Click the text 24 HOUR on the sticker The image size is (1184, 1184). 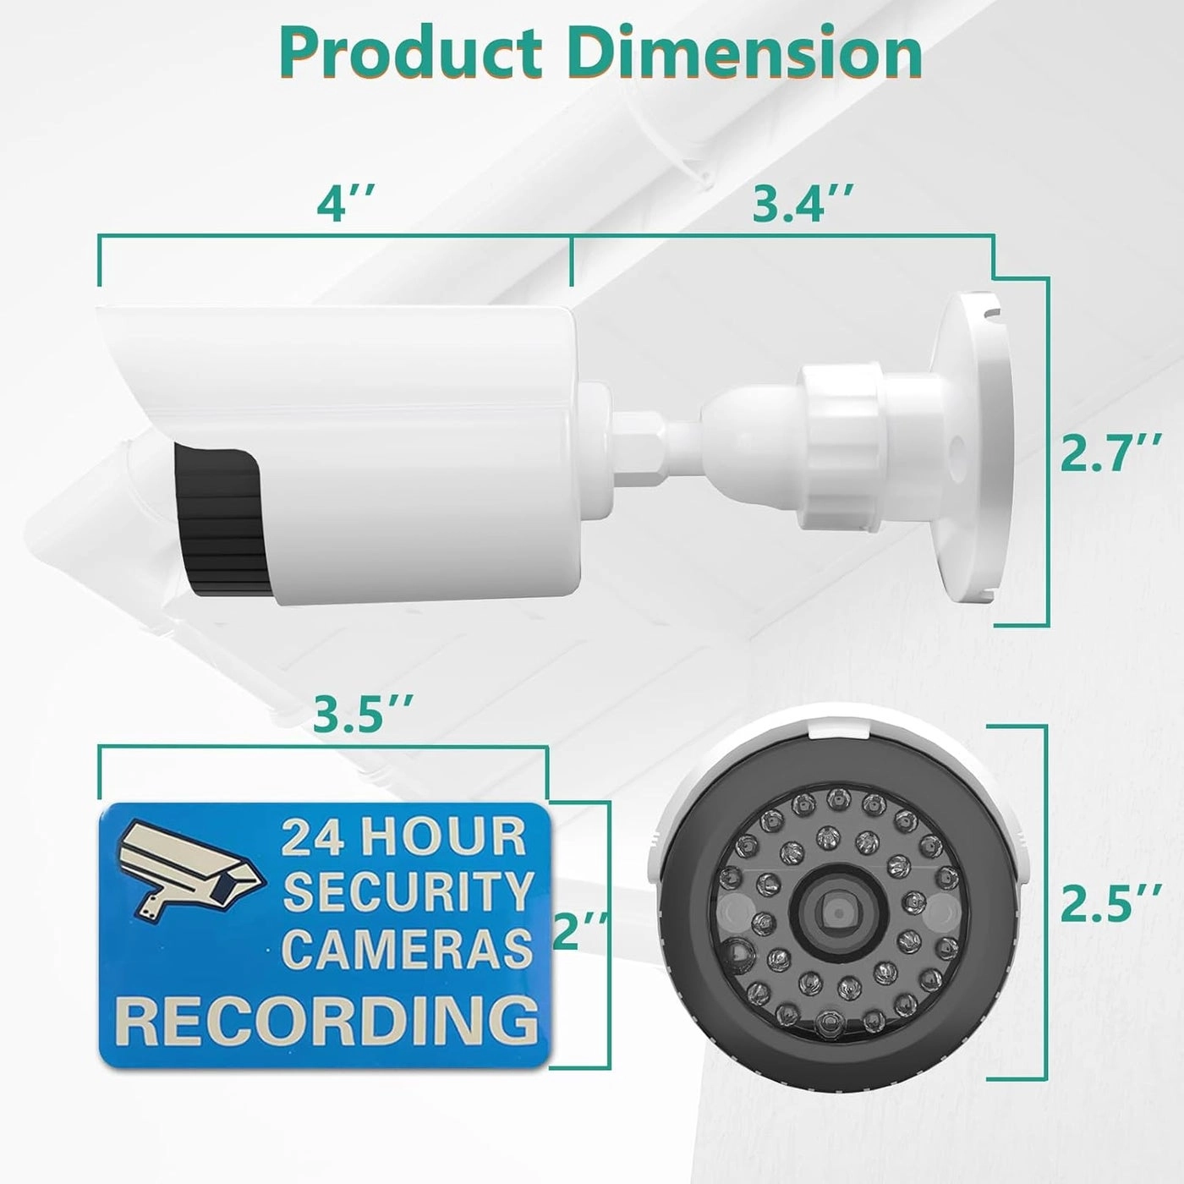point(403,836)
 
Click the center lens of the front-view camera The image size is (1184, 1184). point(838,913)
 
